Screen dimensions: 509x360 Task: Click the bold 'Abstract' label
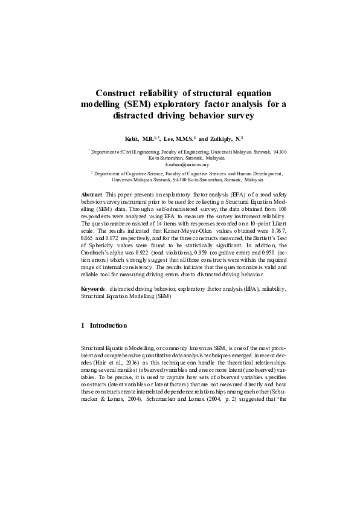pyautogui.click(x=91, y=193)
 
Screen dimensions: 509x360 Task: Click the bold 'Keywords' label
pyautogui.click(x=94, y=289)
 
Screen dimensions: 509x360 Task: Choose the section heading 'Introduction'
pyautogui.click(x=108, y=325)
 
